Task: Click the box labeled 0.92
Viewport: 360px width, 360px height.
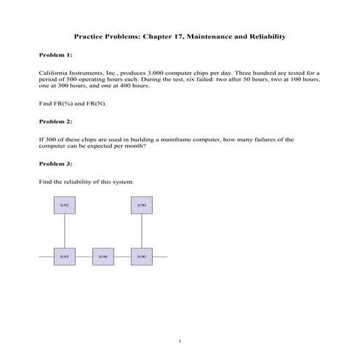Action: [x=65, y=206]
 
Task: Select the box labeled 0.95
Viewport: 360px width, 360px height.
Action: [x=65, y=256]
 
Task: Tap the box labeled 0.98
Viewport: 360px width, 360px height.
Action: [x=103, y=256]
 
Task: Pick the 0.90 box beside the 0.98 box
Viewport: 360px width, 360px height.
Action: [x=142, y=256]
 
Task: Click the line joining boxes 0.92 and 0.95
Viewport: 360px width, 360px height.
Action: [x=65, y=231]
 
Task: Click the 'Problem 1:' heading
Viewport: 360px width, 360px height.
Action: [x=55, y=55]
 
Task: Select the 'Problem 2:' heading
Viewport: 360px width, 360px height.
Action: [x=55, y=121]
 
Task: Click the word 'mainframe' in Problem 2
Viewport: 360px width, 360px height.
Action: [x=162, y=138]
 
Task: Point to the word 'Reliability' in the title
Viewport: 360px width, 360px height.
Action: [x=265, y=36]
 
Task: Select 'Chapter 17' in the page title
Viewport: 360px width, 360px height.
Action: [x=164, y=36]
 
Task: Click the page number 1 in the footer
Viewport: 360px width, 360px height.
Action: [x=180, y=340]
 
